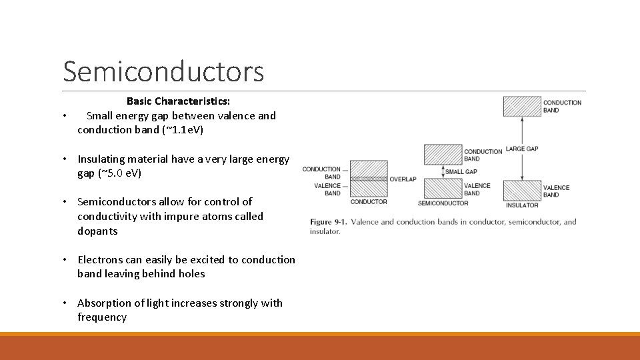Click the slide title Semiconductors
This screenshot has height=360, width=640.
163,71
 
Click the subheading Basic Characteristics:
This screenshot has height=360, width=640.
178,101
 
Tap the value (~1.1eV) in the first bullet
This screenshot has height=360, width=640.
183,130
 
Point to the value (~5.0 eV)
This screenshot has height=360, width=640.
119,173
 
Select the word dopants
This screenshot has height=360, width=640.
97,231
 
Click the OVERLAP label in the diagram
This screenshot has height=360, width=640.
403,179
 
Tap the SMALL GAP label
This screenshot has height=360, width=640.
461,172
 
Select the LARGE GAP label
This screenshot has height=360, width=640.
522,149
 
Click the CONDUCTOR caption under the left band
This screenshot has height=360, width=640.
369,201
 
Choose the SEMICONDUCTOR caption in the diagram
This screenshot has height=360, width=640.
443,203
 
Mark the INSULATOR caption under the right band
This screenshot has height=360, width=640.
522,205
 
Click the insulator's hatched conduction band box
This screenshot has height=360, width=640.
522,106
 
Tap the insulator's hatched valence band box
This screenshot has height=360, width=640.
522,190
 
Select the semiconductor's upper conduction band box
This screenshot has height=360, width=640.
443,155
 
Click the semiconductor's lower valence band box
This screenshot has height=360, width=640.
443,188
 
